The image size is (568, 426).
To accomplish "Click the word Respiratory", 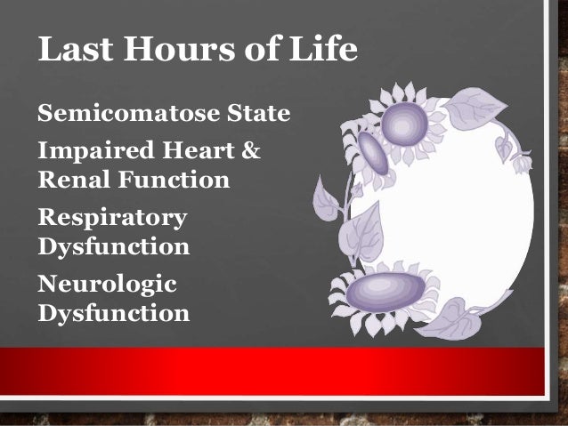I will coord(112,217).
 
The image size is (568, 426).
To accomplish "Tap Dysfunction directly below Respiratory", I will coord(112,245).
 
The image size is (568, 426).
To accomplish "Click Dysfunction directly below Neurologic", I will coord(112,313).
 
